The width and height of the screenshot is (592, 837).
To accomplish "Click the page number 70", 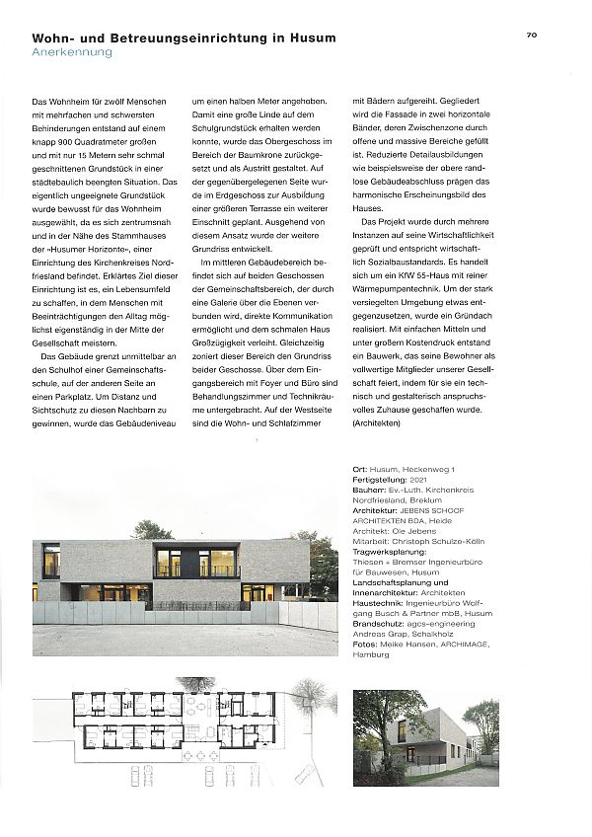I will tap(530, 35).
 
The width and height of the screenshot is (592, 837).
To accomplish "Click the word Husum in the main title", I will tap(309, 38).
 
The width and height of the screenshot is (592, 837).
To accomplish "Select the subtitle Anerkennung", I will tap(72, 52).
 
